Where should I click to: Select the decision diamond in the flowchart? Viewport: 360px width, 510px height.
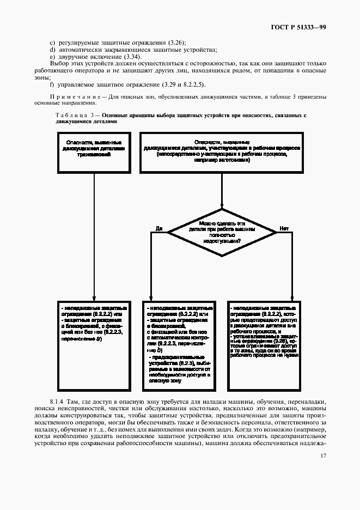[x=222, y=232]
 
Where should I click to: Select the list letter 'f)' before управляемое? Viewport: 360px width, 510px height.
[x=52, y=84]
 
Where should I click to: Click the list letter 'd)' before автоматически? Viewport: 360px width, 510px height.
[x=52, y=50]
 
